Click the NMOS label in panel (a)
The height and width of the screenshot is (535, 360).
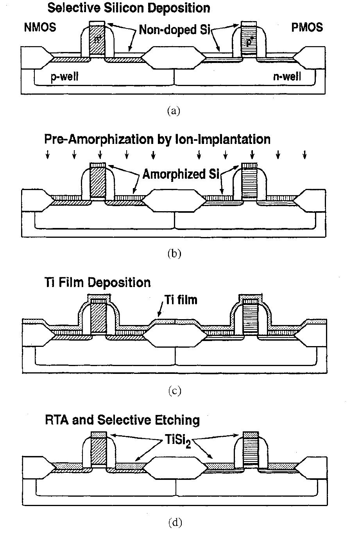click(40, 27)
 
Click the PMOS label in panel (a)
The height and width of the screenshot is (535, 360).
click(307, 27)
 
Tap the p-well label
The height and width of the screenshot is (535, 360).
click(64, 77)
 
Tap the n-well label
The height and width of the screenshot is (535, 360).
click(287, 77)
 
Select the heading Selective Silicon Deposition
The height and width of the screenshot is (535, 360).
click(129, 8)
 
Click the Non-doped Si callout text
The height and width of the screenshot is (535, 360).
click(175, 30)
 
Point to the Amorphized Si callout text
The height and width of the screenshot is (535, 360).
click(181, 174)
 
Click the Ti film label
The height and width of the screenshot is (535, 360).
click(181, 300)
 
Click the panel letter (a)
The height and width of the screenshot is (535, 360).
click(174, 111)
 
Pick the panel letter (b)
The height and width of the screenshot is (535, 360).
click(174, 254)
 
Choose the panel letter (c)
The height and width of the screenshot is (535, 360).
click(175, 391)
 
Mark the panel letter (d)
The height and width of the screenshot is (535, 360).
click(175, 522)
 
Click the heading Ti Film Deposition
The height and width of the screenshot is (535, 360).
click(98, 282)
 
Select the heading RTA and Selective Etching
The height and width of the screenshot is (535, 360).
click(122, 420)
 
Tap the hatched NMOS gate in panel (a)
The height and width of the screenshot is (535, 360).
click(97, 40)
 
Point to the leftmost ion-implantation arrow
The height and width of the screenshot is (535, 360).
click(48, 154)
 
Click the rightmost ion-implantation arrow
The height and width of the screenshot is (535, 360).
click(304, 154)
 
